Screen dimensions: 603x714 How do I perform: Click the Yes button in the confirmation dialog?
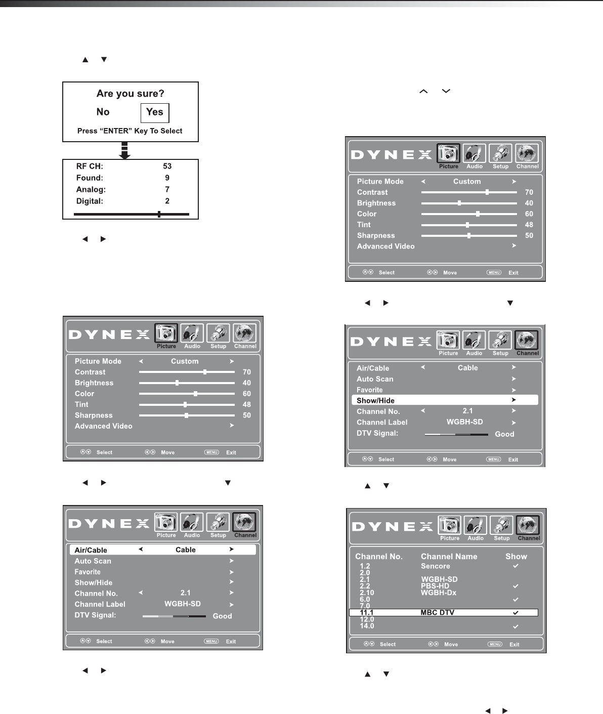coord(155,112)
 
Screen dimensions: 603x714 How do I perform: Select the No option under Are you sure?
coord(103,112)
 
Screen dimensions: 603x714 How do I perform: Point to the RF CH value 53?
coord(167,166)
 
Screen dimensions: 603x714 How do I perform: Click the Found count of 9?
coord(167,178)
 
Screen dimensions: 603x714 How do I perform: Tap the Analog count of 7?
coord(167,189)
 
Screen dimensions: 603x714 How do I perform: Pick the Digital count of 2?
coord(167,201)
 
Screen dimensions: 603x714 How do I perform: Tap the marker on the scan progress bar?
coord(159,214)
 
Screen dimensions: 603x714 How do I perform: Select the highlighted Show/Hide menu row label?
coord(375,400)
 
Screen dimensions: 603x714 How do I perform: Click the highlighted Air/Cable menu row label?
coord(91,550)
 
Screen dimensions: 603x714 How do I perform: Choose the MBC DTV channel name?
coord(437,612)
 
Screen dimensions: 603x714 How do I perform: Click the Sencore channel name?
coord(435,566)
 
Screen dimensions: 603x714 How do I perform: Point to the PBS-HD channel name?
coord(435,586)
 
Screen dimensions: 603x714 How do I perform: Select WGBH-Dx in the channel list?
coord(439,593)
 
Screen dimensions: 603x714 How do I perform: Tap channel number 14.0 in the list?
coord(367,626)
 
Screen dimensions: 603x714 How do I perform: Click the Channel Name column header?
coord(449,556)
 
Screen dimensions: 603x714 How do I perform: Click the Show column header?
coord(516,556)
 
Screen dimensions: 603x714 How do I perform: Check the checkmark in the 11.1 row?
coord(515,612)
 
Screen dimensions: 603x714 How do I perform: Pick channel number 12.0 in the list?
coord(367,619)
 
